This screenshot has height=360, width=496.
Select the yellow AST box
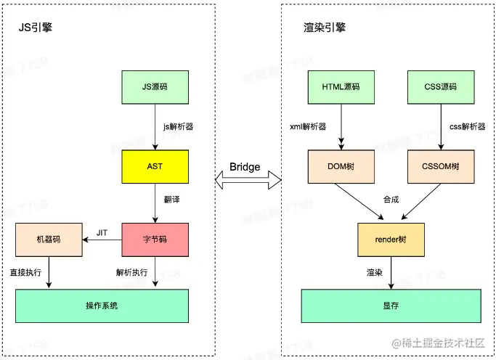155,166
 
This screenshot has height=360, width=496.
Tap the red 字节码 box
155,239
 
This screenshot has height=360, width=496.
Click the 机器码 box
47,239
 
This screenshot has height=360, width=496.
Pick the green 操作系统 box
101,306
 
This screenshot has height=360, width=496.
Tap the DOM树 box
341,166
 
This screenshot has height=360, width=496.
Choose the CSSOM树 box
441,166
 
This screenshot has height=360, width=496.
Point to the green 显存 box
391,306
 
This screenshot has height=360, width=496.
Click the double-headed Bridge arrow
245,178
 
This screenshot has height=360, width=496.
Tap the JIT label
102,232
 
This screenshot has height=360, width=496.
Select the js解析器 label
178,126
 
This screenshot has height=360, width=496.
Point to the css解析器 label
467,126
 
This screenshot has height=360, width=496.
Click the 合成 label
391,199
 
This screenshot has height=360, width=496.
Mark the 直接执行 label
25,272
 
